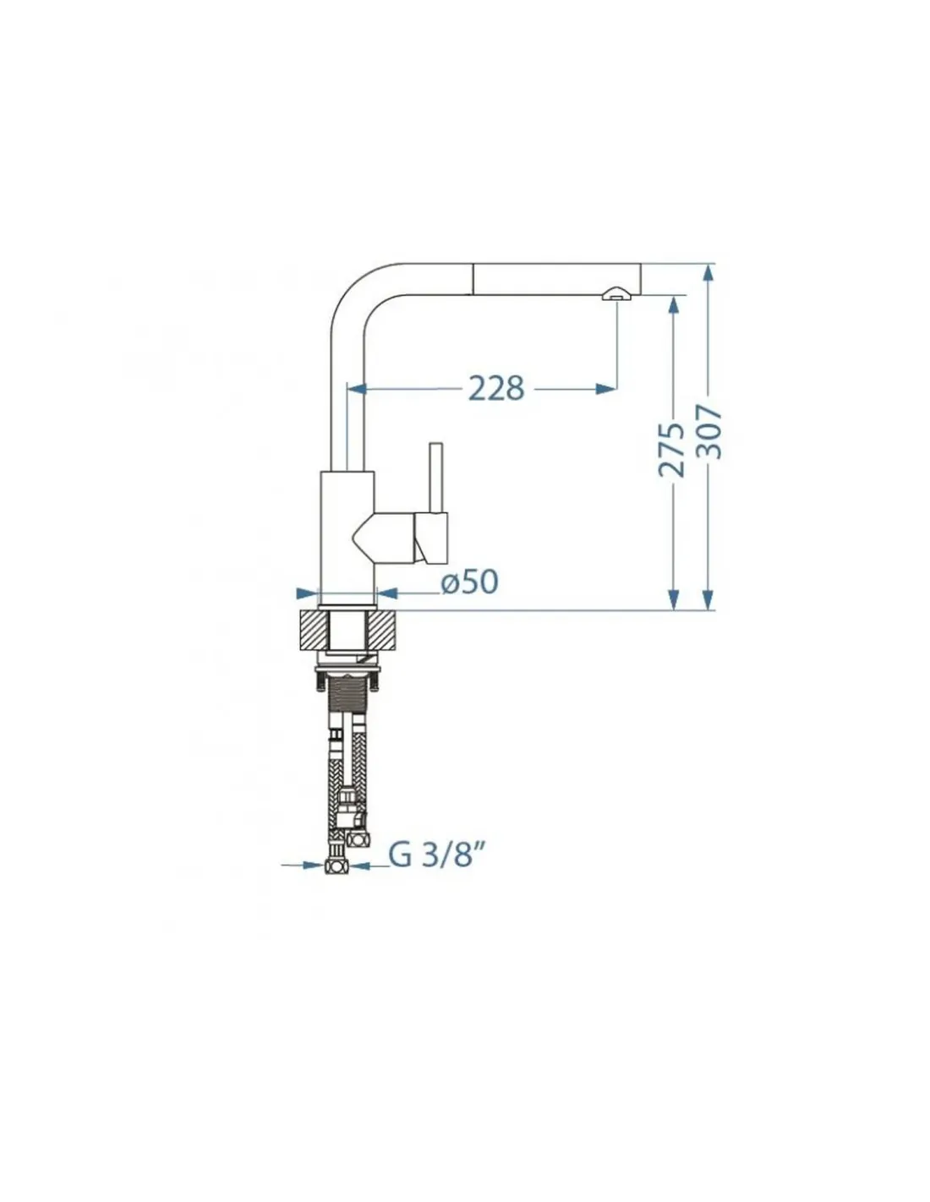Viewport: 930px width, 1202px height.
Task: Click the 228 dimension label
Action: (x=496, y=388)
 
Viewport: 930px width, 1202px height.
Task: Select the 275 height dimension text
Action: (x=670, y=449)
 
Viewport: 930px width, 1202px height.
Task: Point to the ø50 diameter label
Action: (x=470, y=582)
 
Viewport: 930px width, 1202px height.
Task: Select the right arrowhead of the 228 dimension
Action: (x=606, y=388)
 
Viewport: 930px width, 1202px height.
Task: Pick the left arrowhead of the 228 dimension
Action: (x=357, y=388)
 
